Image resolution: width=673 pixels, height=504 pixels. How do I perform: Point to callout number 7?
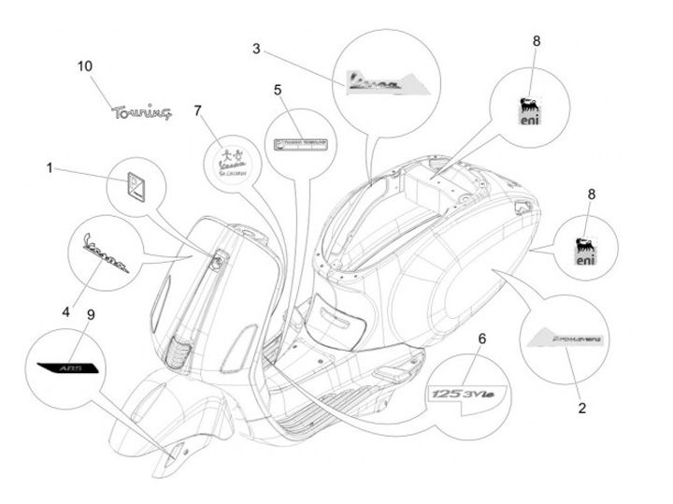(x=197, y=110)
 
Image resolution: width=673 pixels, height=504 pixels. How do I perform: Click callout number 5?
(x=278, y=90)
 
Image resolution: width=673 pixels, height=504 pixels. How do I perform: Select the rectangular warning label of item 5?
(x=303, y=144)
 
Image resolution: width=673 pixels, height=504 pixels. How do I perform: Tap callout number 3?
(x=256, y=48)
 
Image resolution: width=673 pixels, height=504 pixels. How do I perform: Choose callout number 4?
(x=66, y=310)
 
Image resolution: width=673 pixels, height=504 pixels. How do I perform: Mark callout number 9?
(x=91, y=314)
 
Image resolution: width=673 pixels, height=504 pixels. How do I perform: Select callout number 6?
(x=482, y=338)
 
